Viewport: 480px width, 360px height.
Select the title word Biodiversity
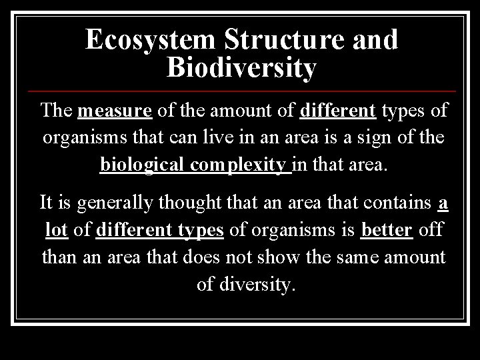241,68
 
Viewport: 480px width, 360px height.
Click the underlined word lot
57,229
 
